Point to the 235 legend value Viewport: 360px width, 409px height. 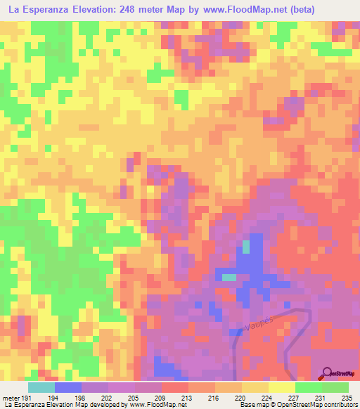345,398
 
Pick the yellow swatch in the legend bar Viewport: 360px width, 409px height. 281,387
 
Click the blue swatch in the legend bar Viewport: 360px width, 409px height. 68,387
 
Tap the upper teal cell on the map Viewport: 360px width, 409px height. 245,246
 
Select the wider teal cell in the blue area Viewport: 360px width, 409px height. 229,277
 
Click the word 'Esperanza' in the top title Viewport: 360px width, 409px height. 48,9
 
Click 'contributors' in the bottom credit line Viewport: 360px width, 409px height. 340,405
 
